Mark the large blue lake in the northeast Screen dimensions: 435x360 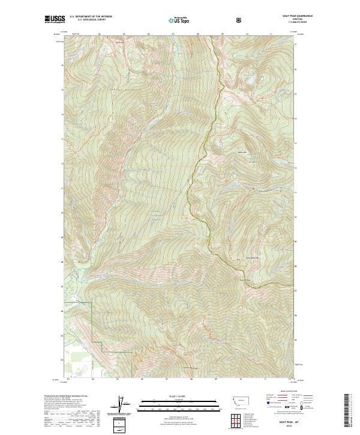click(250, 79)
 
